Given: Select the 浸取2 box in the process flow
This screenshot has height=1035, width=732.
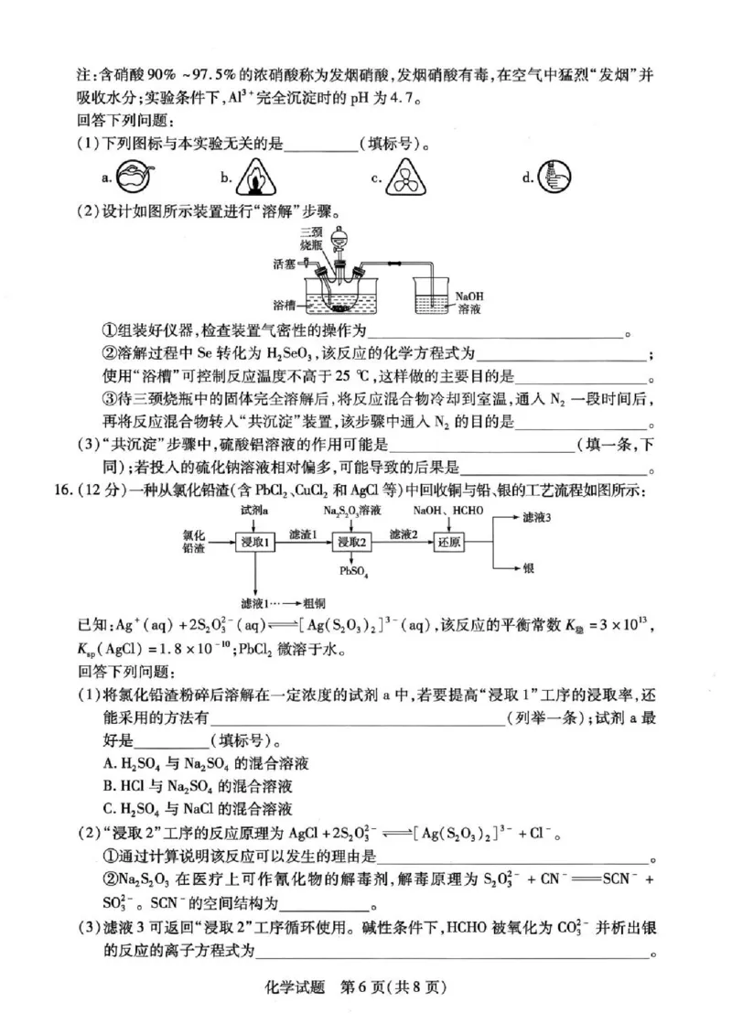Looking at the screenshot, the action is (x=353, y=543).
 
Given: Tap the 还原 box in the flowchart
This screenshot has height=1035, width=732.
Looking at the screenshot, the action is (x=449, y=543).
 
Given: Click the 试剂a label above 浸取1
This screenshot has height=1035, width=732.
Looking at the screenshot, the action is (x=253, y=509).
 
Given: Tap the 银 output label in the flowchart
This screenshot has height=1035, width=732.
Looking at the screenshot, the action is (x=529, y=567).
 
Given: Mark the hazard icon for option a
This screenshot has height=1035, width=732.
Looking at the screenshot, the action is (x=135, y=177).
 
